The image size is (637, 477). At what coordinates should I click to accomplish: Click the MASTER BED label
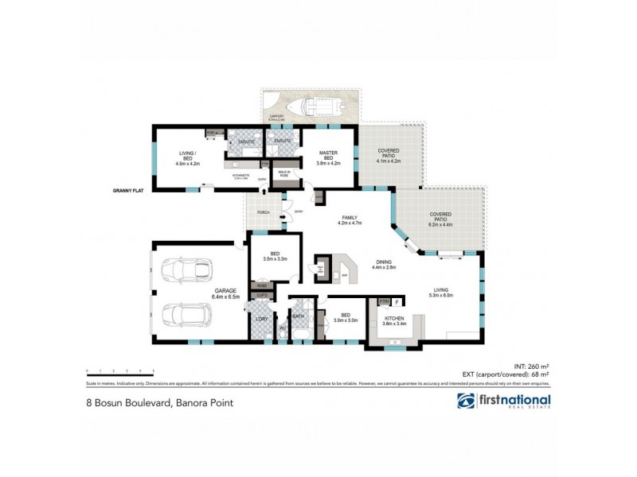tap(329, 156)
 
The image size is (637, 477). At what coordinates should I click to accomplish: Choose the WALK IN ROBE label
tap(283, 173)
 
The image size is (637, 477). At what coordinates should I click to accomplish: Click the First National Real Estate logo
tap(503, 401)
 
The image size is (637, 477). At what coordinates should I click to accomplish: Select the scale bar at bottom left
tap(119, 371)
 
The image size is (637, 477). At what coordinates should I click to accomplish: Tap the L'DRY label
tap(260, 320)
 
